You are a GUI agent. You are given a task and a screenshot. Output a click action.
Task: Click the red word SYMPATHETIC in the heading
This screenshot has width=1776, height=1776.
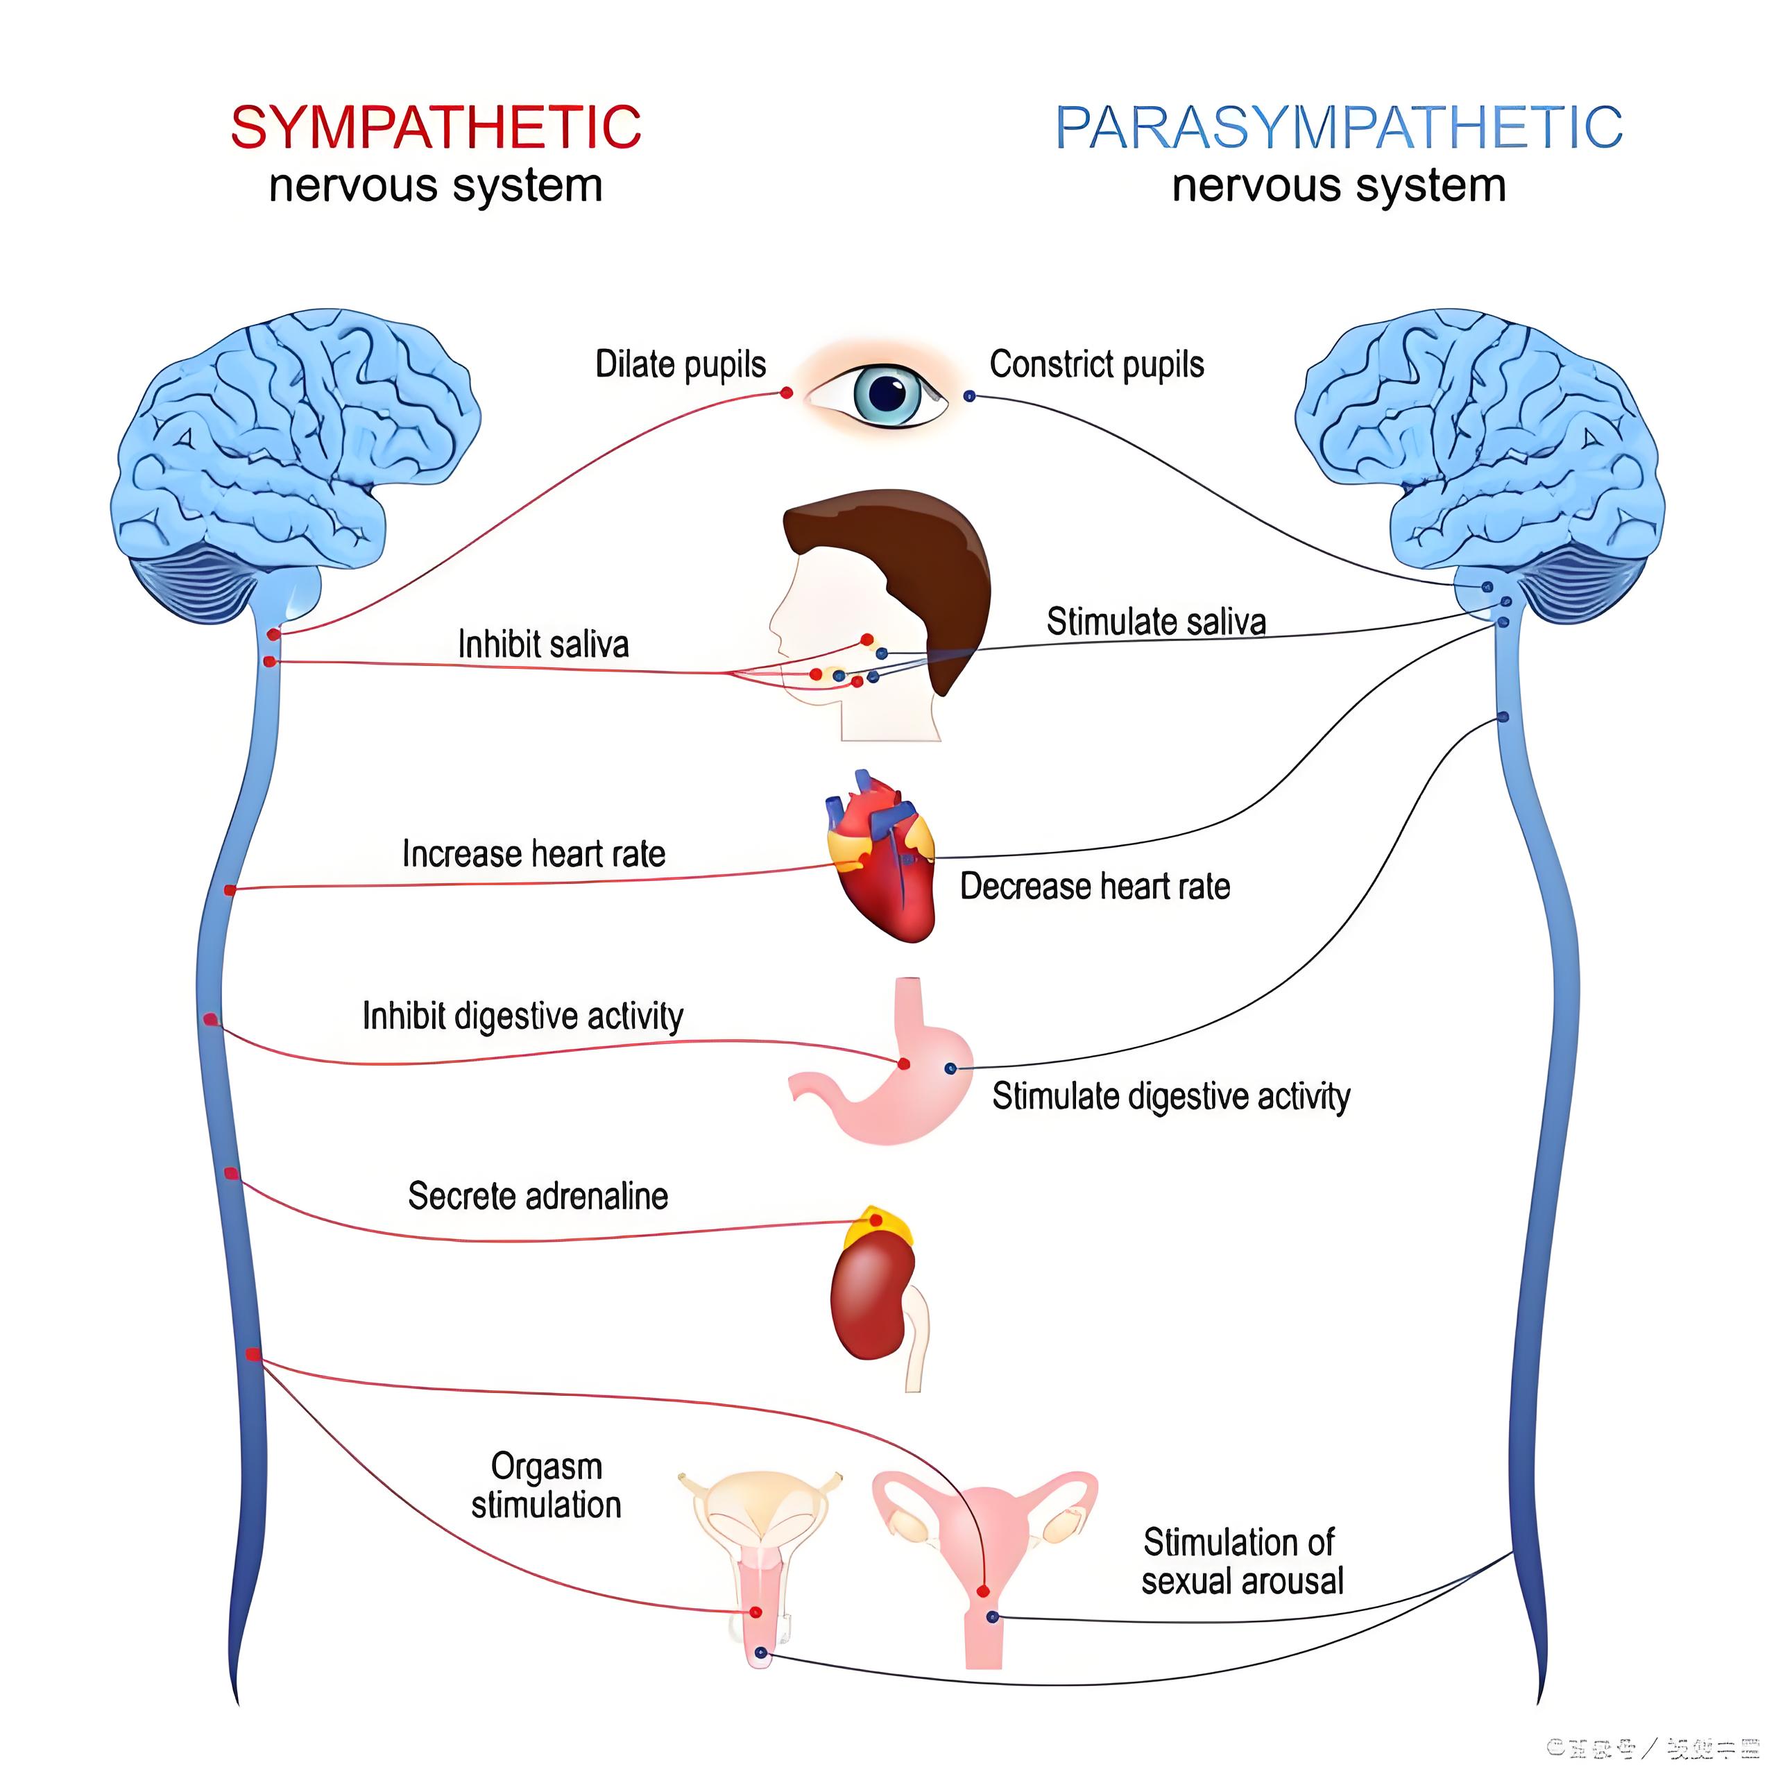[435, 127]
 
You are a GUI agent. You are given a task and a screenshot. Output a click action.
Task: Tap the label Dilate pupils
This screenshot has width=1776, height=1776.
[681, 364]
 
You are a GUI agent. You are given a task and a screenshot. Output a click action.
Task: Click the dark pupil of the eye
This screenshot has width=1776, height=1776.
[887, 394]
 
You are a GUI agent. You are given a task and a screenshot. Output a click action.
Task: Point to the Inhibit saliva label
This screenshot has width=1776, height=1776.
[543, 644]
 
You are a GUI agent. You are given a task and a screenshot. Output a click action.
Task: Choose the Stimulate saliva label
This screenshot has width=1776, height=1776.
[1156, 622]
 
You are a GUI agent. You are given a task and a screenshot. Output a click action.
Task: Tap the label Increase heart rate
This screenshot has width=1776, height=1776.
[533, 854]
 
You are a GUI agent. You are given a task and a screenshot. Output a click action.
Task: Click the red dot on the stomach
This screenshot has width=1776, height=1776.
[904, 1064]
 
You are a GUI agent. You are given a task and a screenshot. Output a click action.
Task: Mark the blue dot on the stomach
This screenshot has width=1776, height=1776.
[950, 1068]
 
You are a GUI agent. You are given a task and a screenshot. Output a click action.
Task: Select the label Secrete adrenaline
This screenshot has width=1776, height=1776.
[538, 1196]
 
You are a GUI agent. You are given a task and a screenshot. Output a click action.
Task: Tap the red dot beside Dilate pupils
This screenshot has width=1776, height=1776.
[787, 393]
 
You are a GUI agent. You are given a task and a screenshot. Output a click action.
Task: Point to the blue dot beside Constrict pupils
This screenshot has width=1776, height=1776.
[969, 396]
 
